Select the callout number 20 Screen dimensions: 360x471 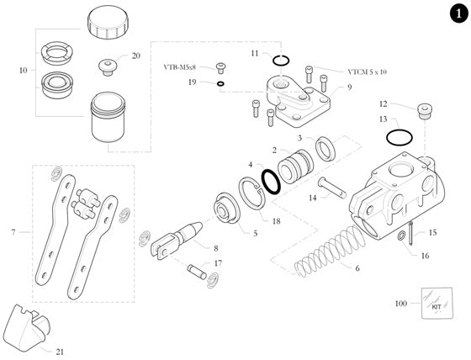(136, 56)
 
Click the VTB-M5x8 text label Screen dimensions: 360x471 (184, 66)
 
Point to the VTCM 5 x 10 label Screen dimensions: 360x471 (344, 71)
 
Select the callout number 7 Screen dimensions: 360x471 (12, 230)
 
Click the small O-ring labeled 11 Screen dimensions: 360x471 (283, 60)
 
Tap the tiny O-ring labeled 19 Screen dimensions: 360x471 (220, 84)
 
